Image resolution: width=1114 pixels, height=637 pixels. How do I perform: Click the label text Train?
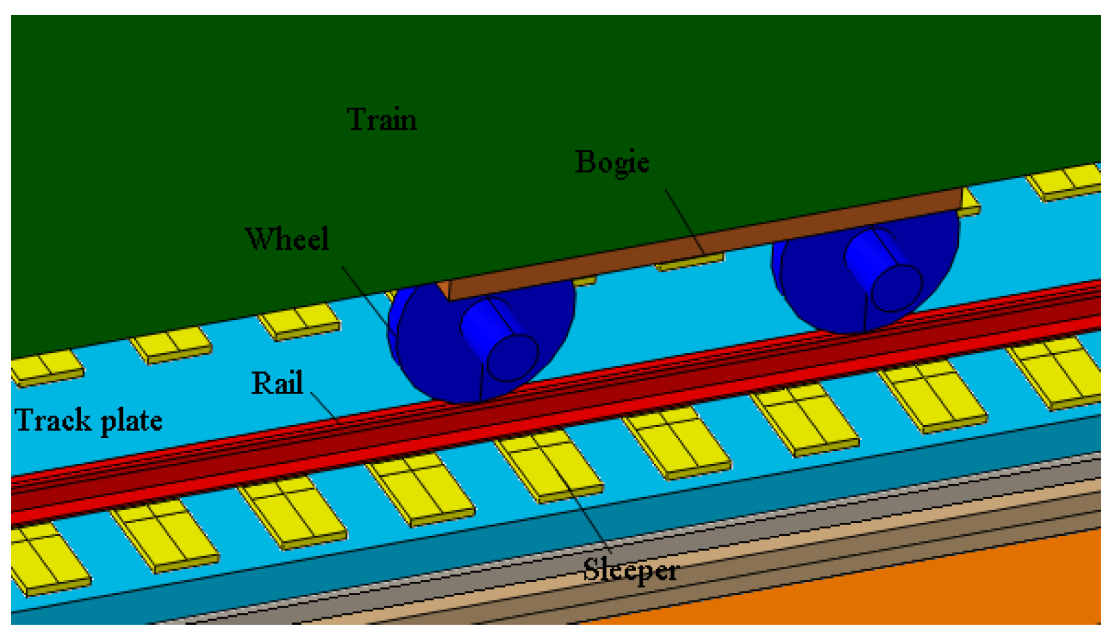coord(382,120)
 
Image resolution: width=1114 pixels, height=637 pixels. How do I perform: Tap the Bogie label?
coord(612,162)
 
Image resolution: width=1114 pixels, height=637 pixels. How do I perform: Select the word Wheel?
coord(287,239)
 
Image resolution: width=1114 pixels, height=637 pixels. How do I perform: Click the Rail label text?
coord(276,383)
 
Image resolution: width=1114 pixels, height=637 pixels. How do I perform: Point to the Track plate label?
coord(88,420)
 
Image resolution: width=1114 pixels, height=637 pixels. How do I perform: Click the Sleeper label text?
coord(630,569)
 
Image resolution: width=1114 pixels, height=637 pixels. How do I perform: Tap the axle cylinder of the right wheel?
coord(882,270)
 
